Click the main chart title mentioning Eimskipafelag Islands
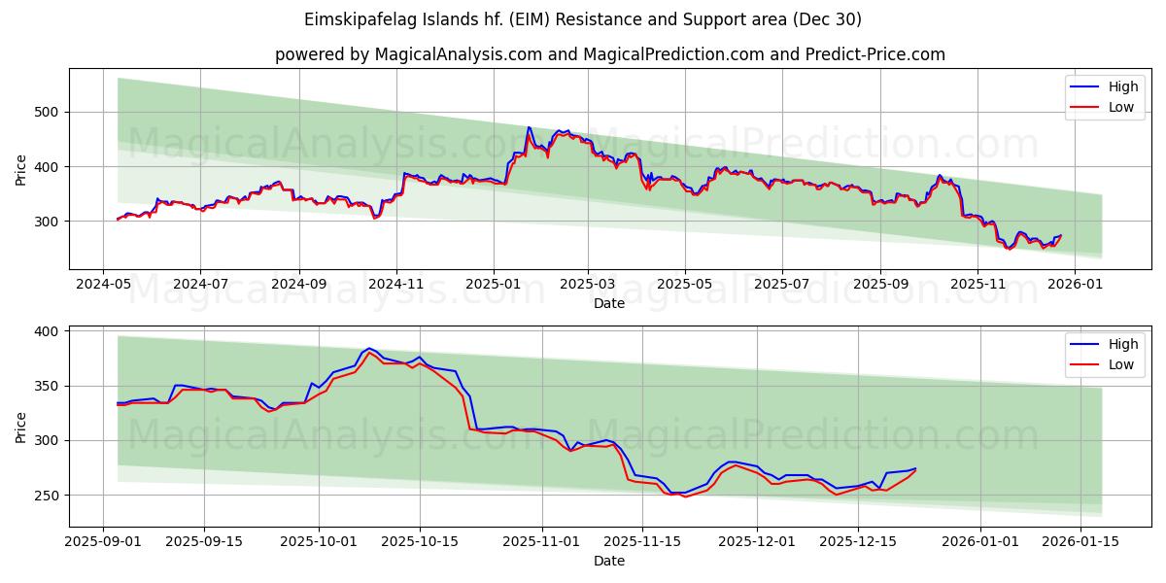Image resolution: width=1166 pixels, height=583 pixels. (583, 19)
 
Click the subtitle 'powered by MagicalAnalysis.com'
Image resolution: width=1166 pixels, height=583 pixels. (609, 54)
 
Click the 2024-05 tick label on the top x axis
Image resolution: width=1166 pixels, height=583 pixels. (103, 284)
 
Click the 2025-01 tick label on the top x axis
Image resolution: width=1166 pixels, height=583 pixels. (493, 284)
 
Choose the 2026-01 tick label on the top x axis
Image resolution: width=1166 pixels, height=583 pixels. (1076, 284)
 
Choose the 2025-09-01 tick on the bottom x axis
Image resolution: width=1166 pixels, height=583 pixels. (103, 541)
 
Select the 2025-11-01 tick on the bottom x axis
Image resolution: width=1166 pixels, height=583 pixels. (541, 541)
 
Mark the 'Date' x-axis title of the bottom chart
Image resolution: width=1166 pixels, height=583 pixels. (609, 561)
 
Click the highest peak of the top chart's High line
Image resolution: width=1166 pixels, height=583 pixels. (529, 127)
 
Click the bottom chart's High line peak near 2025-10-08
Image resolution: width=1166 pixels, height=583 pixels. (369, 348)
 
